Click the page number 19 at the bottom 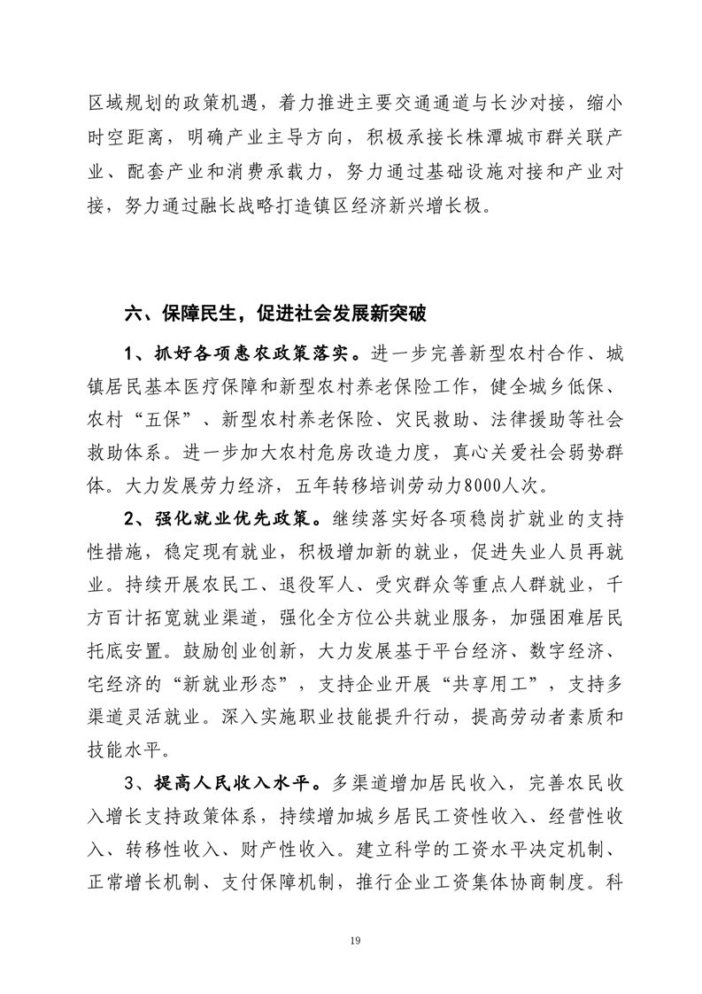coord(351,940)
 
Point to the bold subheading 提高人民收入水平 coord(225,782)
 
